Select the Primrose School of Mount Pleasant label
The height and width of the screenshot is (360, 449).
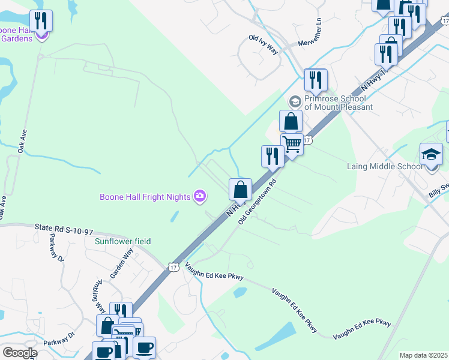click(x=335, y=103)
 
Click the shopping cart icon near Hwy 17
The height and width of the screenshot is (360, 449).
click(x=292, y=144)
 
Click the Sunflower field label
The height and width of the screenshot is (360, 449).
click(x=122, y=241)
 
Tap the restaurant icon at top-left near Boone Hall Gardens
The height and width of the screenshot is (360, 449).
click(x=41, y=21)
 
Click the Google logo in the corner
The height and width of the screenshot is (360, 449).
click(x=19, y=353)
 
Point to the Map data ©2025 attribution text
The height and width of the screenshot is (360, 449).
click(x=423, y=355)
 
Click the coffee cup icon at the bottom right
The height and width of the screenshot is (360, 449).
click(x=144, y=347)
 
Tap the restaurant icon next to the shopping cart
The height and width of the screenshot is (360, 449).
click(x=272, y=156)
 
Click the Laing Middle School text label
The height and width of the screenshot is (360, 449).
click(x=384, y=166)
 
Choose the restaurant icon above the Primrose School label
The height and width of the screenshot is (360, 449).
click(x=315, y=79)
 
